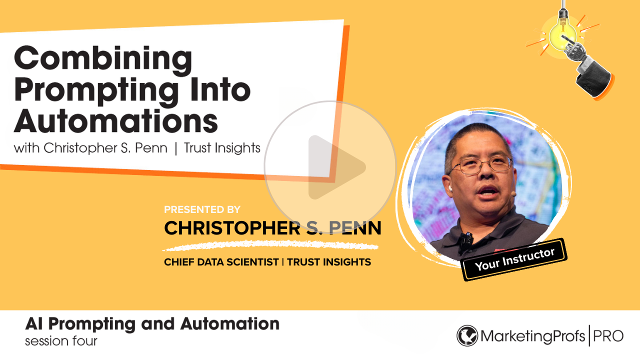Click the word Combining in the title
pyautogui.click(x=103, y=61)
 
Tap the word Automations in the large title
pyautogui.click(x=116, y=121)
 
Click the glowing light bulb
pyautogui.click(x=562, y=33)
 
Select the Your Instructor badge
pyautogui.click(x=514, y=259)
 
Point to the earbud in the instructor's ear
pyautogui.click(x=450, y=188)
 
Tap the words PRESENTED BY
pyautogui.click(x=202, y=209)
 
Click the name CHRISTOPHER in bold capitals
pyautogui.click(x=232, y=228)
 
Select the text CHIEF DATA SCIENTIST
pyautogui.click(x=221, y=262)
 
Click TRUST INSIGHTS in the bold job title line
pyautogui.click(x=329, y=262)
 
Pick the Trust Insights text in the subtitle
pyautogui.click(x=222, y=148)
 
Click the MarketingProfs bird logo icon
pyautogui.click(x=467, y=335)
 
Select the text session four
pyautogui.click(x=61, y=341)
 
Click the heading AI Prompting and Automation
pyautogui.click(x=152, y=324)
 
